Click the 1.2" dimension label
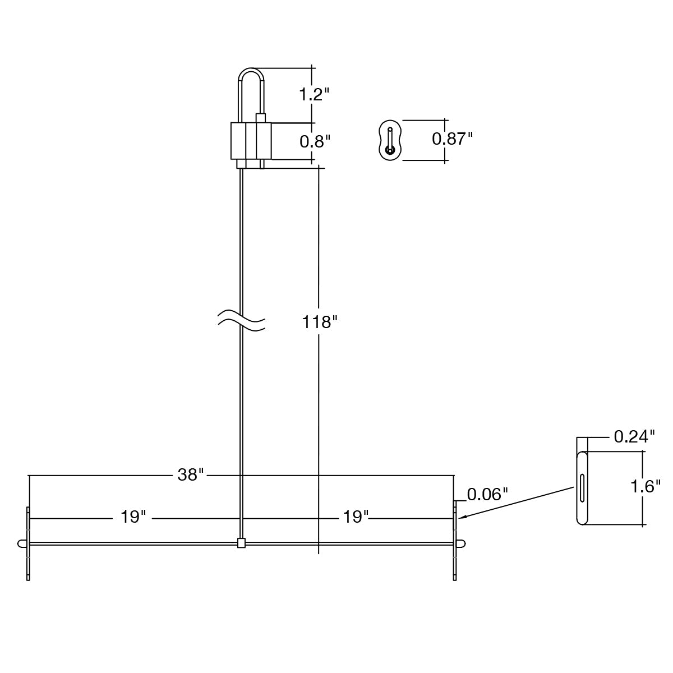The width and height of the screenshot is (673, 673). click(314, 94)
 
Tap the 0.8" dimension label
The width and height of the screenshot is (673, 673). click(315, 142)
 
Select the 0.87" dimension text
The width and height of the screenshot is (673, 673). click(452, 139)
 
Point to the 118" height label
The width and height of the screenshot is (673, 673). click(320, 322)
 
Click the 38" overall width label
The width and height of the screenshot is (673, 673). click(190, 474)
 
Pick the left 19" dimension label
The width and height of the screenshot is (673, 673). click(133, 517)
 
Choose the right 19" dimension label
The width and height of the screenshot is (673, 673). click(356, 517)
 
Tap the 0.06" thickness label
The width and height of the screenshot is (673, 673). click(487, 494)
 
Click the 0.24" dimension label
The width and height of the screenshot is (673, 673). click(634, 436)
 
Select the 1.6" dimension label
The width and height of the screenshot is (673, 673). click(646, 486)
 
